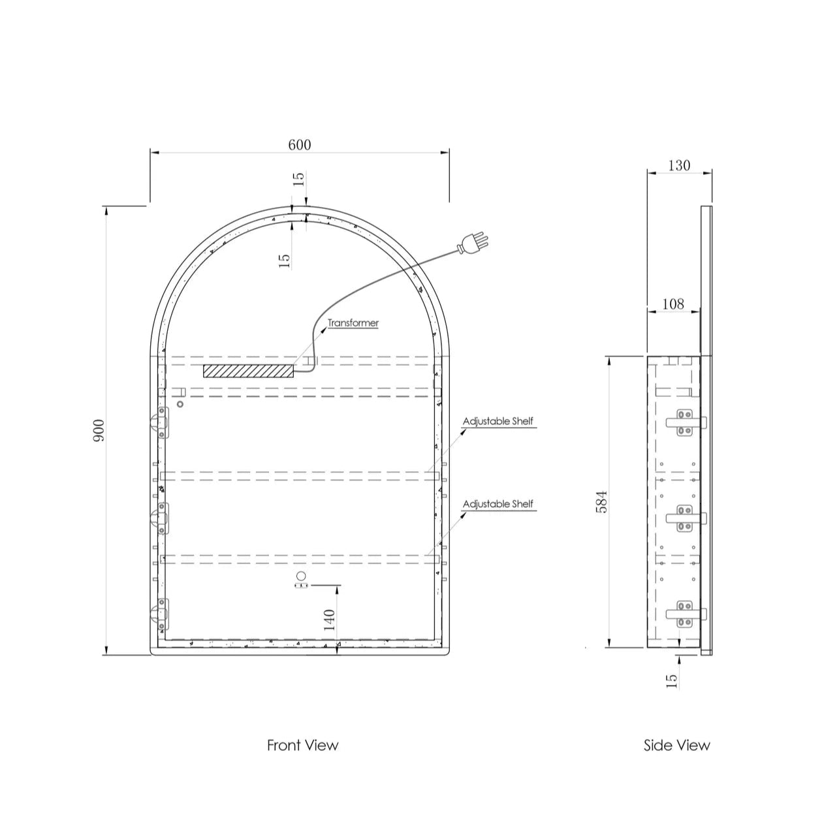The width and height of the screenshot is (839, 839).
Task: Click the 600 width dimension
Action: coord(300,144)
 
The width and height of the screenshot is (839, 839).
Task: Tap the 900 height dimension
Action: coord(99,431)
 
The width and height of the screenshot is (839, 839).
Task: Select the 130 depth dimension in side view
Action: coord(679,165)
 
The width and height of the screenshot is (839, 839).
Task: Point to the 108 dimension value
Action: coord(673,304)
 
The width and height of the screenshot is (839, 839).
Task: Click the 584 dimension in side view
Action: coord(601,502)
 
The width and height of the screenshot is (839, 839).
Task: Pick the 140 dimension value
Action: coord(329,620)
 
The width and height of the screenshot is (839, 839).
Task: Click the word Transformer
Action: coord(353,323)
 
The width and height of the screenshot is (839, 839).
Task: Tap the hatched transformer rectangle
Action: coord(249,371)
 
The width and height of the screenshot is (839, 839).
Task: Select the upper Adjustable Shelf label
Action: coord(498,421)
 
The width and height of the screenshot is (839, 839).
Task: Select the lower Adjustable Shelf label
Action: coord(498,504)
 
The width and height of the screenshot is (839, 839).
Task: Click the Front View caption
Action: coord(302,745)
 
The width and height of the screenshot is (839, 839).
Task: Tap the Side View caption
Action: coord(677,745)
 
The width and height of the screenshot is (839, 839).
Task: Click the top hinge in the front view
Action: coord(160,423)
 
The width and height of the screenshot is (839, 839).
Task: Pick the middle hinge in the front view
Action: coord(160,518)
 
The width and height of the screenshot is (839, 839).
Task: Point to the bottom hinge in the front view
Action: coord(160,615)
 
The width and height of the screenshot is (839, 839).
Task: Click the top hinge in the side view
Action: coord(686,422)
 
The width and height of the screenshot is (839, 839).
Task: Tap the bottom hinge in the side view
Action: coord(686,614)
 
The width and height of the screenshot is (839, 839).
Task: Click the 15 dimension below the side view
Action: coord(673,680)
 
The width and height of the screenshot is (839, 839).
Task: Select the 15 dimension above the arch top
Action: coord(298,179)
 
